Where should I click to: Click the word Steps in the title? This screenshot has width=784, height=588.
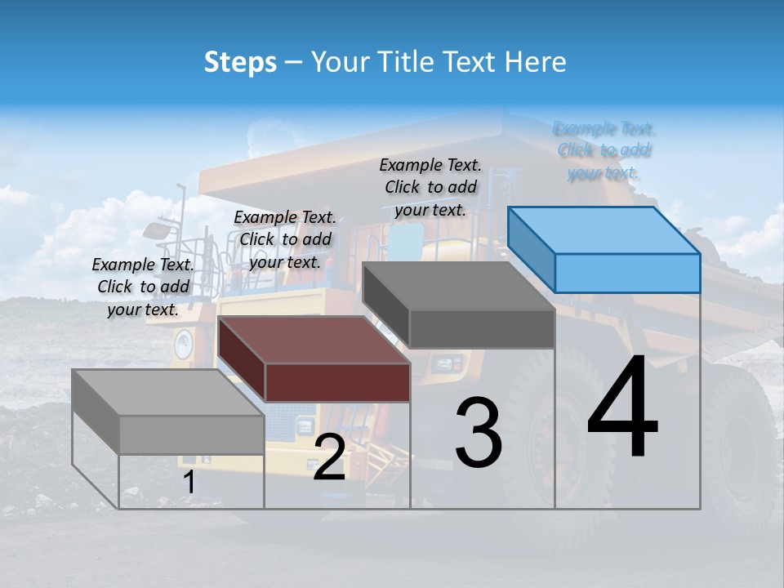click(240, 62)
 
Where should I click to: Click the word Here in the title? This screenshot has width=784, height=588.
click(535, 62)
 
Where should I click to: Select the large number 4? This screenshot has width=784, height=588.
click(622, 408)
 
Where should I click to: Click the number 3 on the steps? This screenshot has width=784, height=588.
click(478, 433)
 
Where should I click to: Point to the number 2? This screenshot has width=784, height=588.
click(329, 458)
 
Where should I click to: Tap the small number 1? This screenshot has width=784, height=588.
click(189, 483)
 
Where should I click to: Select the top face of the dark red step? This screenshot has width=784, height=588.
click(314, 340)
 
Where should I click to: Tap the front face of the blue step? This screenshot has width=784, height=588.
click(627, 273)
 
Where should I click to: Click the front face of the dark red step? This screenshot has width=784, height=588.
click(337, 382)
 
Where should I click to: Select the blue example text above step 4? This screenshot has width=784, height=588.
click(604, 151)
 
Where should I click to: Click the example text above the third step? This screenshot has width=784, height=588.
click(430, 187)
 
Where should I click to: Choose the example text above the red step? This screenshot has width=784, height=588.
click(285, 239)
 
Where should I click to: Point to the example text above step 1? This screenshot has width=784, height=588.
click(143, 287)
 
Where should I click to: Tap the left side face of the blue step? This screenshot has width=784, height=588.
click(531, 249)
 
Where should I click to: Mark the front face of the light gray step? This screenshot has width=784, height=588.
click(191, 434)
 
